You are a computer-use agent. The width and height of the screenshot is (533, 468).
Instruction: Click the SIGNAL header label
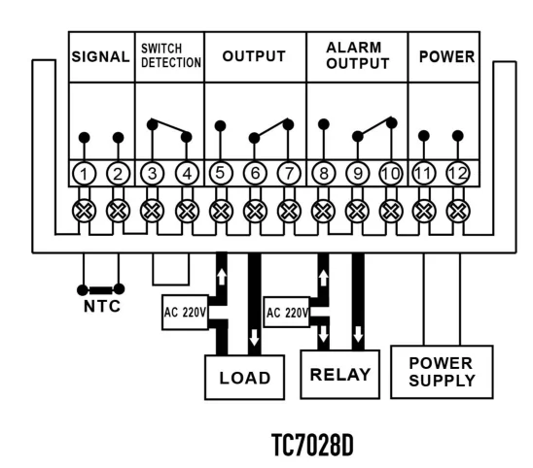tap(101, 56)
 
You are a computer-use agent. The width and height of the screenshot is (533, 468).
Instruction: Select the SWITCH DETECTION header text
tap(171, 55)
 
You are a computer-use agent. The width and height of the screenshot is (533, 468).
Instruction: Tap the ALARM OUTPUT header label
tap(358, 55)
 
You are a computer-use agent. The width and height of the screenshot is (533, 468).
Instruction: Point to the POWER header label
tap(446, 56)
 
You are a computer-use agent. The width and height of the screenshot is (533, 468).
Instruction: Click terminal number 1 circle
tap(84, 174)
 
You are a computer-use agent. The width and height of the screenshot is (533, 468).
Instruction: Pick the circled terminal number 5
tap(221, 174)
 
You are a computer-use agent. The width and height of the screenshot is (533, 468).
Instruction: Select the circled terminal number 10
tap(391, 174)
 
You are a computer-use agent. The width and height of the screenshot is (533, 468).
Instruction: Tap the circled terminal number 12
tap(457, 174)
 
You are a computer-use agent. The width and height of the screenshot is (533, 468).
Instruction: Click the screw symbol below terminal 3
tap(152, 211)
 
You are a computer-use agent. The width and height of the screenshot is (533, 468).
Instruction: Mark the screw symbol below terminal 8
tap(323, 211)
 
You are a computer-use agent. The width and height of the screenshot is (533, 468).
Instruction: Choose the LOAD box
tap(244, 378)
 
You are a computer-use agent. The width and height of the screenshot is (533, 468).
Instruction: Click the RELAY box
tap(339, 375)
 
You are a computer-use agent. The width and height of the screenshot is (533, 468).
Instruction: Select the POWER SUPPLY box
tap(442, 372)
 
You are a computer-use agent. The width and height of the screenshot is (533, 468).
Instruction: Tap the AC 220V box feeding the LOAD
tap(185, 313)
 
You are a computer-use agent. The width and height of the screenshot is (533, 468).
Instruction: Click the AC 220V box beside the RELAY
tap(287, 313)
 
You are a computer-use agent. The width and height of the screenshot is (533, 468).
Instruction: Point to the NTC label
tap(102, 307)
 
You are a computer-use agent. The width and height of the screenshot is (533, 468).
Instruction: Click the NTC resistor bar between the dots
tap(101, 290)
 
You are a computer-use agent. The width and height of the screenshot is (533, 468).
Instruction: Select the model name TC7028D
tap(313, 446)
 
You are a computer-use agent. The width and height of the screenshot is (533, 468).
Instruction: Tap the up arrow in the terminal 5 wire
tap(222, 277)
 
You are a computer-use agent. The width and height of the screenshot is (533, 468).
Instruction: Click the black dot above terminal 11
tap(423, 136)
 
